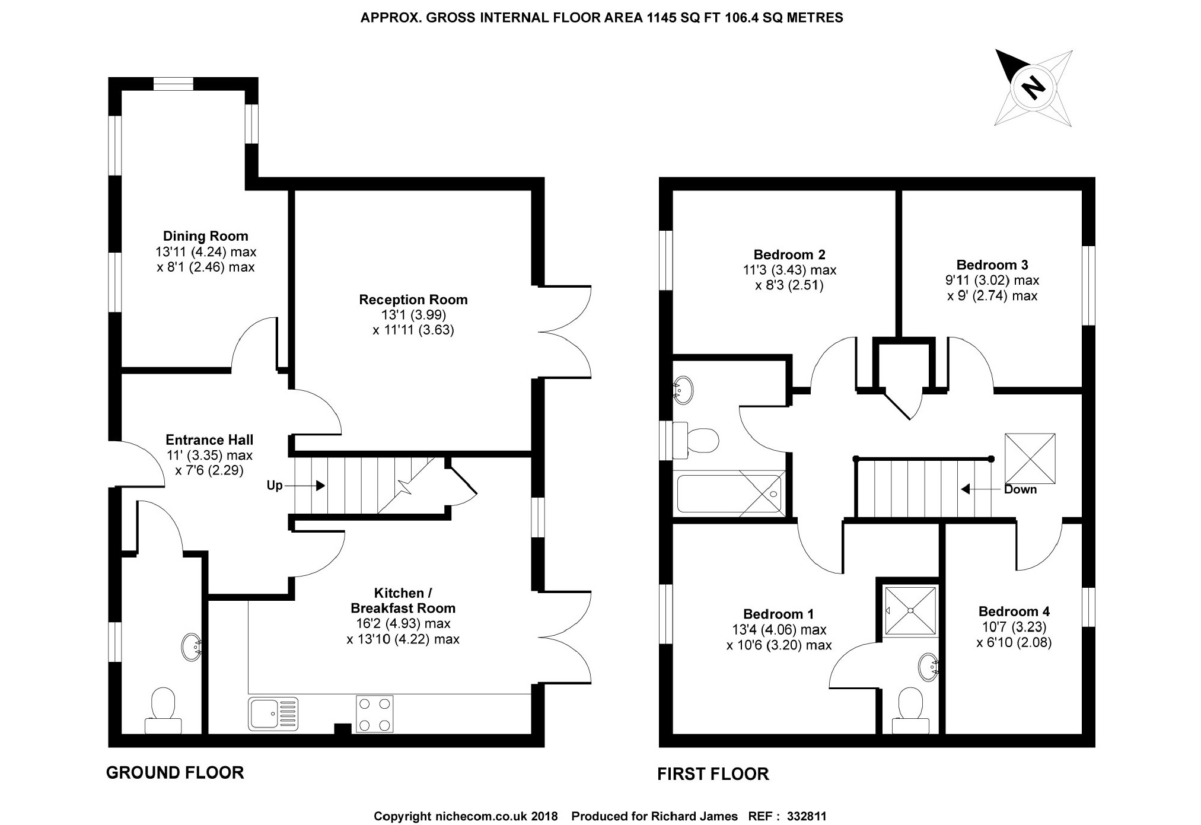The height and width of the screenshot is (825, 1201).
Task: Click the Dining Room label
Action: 206,236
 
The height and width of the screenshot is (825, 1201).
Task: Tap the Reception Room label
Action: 413,300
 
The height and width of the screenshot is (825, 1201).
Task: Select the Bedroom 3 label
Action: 992,265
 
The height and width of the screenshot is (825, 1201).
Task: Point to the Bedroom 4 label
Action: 1014,611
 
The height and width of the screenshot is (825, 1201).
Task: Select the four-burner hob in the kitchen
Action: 374,713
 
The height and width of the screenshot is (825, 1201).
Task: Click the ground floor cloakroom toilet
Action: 163,711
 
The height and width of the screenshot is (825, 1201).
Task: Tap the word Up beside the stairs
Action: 275,486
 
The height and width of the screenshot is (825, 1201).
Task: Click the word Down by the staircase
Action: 1020,489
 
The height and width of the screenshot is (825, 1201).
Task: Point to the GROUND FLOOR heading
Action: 175,773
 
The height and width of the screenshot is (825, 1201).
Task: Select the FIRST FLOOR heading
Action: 713,774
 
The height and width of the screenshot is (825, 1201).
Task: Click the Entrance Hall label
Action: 209,440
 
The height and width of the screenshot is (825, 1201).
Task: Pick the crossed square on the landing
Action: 1030,458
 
